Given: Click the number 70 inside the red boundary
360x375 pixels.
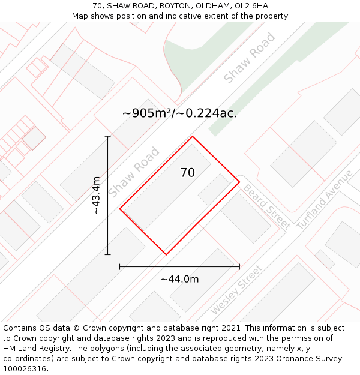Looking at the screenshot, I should pyautogui.click(x=187, y=173).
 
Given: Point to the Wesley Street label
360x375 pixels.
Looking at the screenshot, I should pyautogui.click(x=236, y=290).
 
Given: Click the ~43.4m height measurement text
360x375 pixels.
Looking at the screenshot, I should pyautogui.click(x=96, y=196).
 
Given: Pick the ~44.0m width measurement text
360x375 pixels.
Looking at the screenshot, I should pyautogui.click(x=179, y=279).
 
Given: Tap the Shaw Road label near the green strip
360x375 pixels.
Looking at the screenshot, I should pyautogui.click(x=249, y=58).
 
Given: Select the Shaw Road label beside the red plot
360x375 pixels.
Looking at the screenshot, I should pyautogui.click(x=134, y=172).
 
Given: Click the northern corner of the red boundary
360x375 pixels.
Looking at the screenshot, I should pyautogui.click(x=193, y=137).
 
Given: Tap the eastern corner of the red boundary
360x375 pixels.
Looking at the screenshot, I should pyautogui.click(x=239, y=182).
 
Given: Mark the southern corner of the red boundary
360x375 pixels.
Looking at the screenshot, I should pyautogui.click(x=166, y=254).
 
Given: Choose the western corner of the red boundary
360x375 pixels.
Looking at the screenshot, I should pyautogui.click(x=120, y=209).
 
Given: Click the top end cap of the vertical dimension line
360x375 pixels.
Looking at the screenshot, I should pyautogui.click(x=108, y=137).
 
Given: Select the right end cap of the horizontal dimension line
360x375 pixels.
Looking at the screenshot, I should pyautogui.click(x=239, y=266).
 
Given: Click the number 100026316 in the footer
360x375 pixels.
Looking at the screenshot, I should pyautogui.click(x=23, y=368).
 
